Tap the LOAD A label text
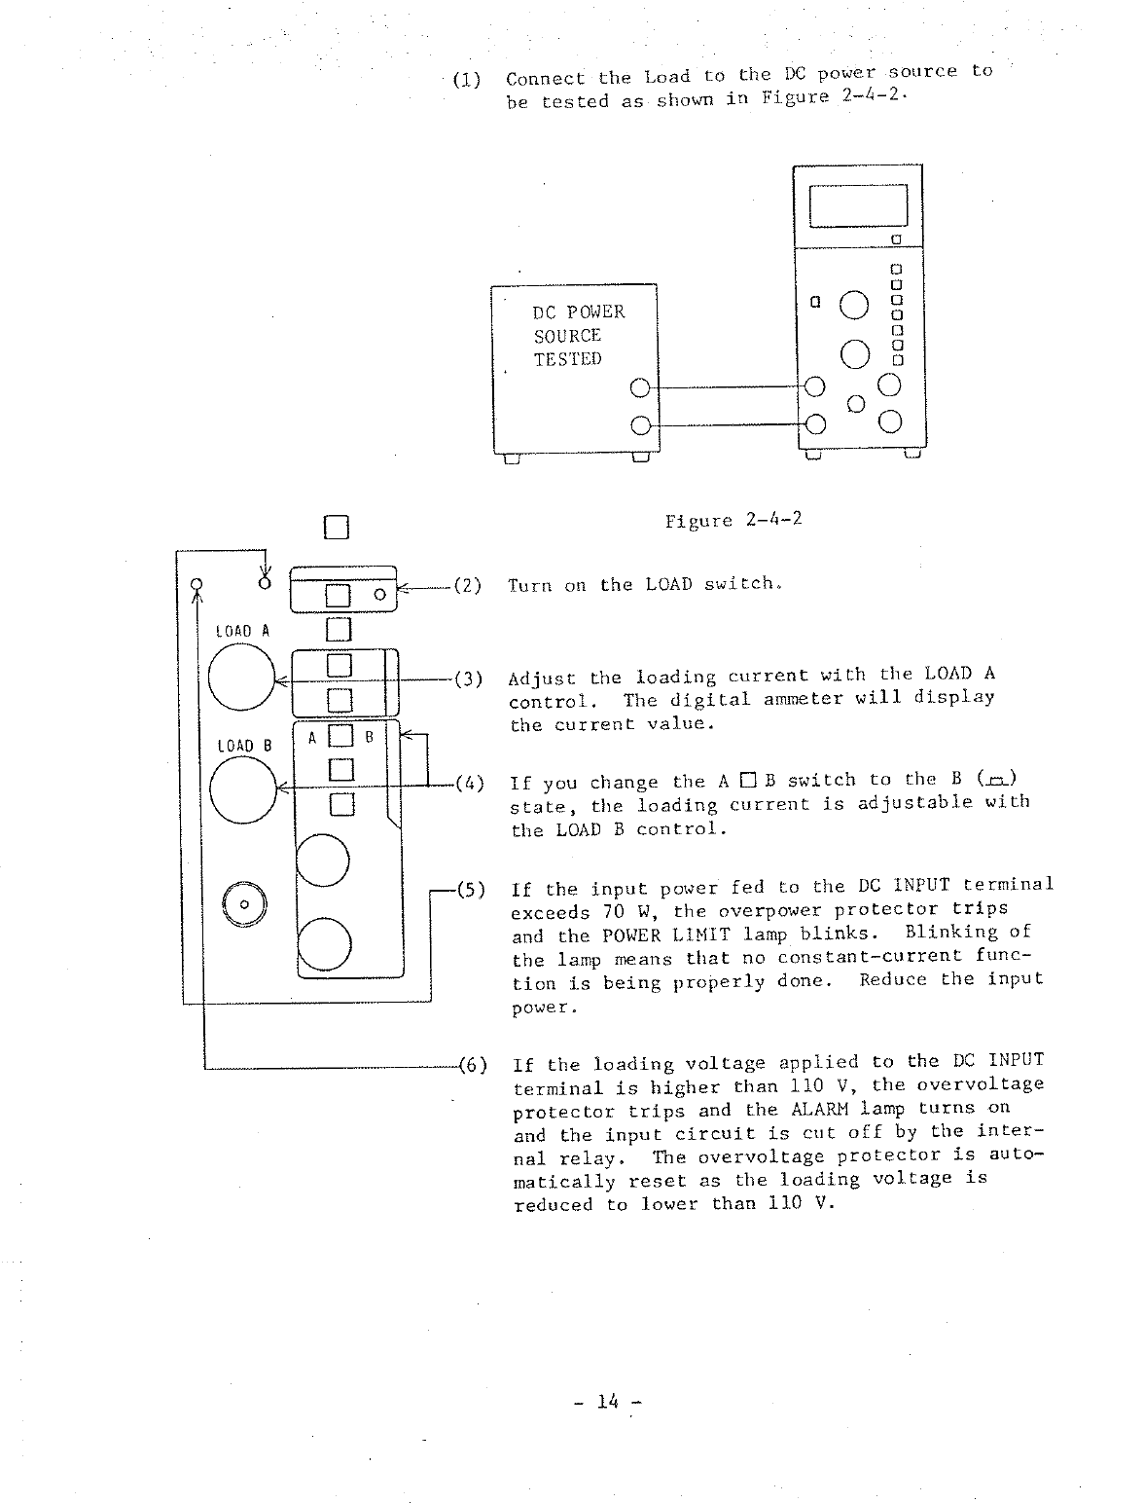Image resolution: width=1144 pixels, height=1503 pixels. pyautogui.click(x=234, y=632)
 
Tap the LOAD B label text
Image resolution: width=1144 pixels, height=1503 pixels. pyautogui.click(x=234, y=746)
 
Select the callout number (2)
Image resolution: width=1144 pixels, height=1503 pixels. pyautogui.click(x=468, y=586)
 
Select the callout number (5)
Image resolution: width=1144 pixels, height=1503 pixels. pyautogui.click(x=470, y=889)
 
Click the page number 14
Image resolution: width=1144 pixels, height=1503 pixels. pyautogui.click(x=608, y=1403)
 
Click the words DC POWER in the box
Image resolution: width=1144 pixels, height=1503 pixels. pyautogui.click(x=579, y=312)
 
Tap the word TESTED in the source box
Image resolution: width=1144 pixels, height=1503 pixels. pyautogui.click(x=567, y=359)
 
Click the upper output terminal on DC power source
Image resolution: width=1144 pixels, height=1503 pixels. pyautogui.click(x=639, y=387)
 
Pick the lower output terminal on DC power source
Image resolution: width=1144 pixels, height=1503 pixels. pyautogui.click(x=639, y=425)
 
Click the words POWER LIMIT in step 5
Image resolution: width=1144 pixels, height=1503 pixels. pyautogui.click(x=658, y=936)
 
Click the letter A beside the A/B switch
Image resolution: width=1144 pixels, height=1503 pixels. pyautogui.click(x=312, y=738)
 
